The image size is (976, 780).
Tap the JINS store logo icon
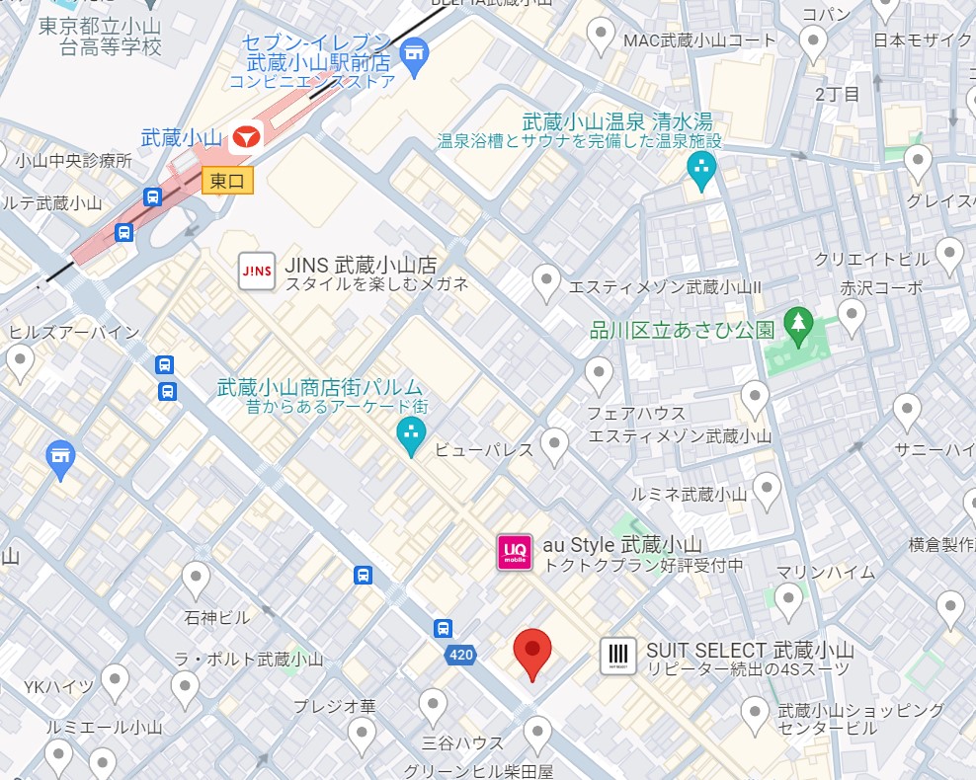(x=257, y=272)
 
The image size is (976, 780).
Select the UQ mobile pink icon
(x=515, y=552)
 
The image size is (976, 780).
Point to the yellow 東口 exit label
(x=227, y=181)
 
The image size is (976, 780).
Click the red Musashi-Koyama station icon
(x=245, y=137)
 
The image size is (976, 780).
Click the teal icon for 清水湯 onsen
(x=702, y=170)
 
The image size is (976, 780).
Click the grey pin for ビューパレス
(x=554, y=444)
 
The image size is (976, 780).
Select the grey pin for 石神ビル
(x=197, y=579)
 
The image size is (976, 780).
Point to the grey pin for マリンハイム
(x=787, y=599)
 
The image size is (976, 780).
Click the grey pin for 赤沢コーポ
(x=851, y=316)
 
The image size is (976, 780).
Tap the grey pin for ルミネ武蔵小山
(x=767, y=488)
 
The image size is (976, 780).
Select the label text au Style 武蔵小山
(x=621, y=545)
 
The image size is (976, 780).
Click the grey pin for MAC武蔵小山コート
(x=601, y=36)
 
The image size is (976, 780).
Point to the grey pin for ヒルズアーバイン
(x=20, y=362)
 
